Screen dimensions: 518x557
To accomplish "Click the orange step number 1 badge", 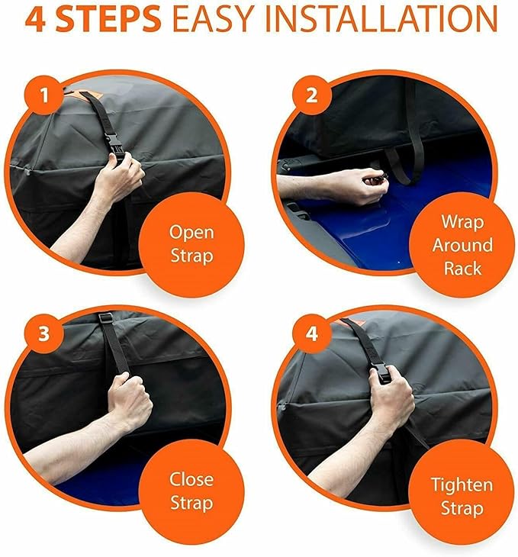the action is (44, 95).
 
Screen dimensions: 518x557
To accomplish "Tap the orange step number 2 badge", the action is (311, 95).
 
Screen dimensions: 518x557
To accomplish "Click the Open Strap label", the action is (191, 244).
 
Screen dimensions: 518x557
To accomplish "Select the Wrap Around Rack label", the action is (462, 245).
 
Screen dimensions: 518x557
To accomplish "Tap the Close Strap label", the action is (191, 491).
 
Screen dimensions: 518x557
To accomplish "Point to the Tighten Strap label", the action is (462, 496).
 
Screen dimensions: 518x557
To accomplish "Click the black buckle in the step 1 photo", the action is (114, 146).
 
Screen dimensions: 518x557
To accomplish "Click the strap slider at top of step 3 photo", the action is (105, 317).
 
